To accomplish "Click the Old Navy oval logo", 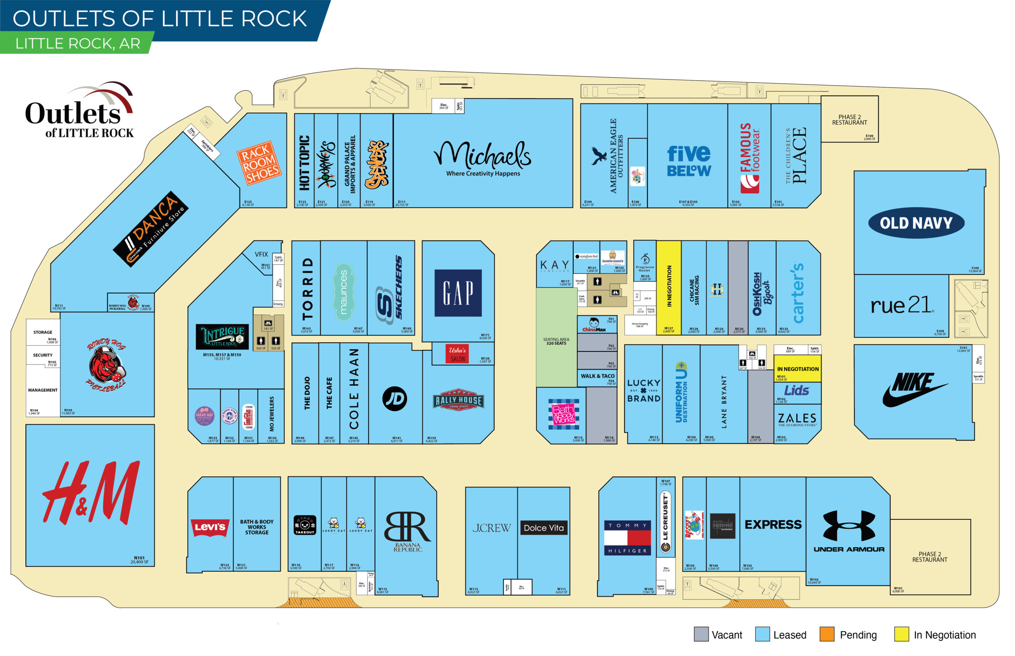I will tap(915, 223).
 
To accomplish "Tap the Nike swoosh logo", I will tap(914, 389).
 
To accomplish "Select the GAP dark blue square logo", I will tap(458, 293).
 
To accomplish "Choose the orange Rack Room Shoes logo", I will tap(259, 163).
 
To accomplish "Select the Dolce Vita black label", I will tap(544, 528).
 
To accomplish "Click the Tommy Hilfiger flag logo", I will tap(627, 538).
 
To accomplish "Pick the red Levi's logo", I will tap(210, 527).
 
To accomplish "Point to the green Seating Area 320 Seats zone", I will tap(556, 341).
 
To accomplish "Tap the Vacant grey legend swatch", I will tap(701, 634).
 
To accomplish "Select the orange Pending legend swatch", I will tap(827, 634).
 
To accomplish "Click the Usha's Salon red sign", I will tap(458, 354).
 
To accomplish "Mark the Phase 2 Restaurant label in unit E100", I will tap(849, 120).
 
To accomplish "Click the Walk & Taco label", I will tap(597, 376).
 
